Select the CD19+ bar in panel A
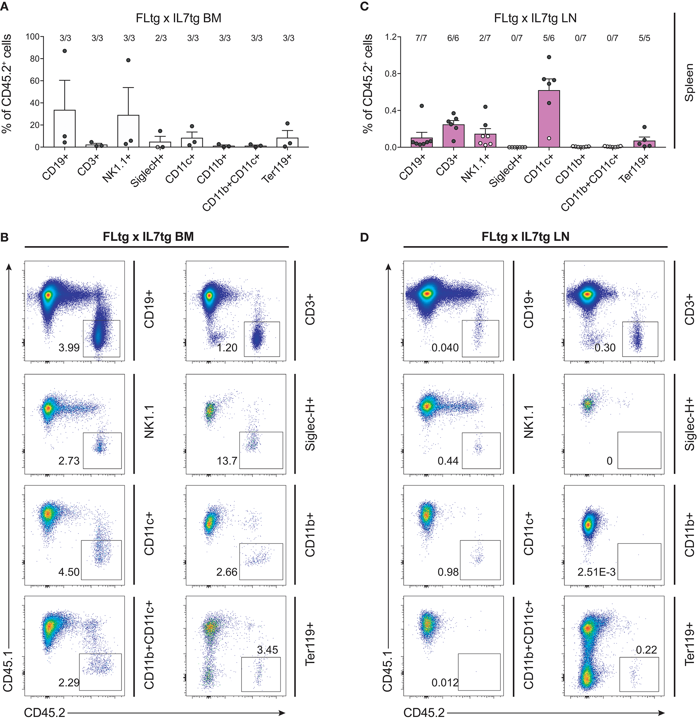point(65,129)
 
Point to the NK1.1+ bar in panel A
point(128,131)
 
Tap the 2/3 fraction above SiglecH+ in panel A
point(161,38)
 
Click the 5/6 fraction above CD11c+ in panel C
point(548,38)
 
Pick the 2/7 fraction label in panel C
point(485,38)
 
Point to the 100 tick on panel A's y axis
point(32,37)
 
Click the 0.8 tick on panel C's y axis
point(391,74)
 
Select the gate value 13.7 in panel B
point(227,461)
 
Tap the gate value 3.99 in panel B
point(69,347)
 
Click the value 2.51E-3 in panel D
point(597,572)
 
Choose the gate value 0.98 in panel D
point(448,572)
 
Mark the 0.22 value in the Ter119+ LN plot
point(646,650)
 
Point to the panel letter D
point(364,237)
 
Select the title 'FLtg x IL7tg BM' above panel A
point(178,18)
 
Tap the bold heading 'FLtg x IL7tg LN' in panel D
point(526,237)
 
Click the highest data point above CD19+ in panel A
point(65,51)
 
